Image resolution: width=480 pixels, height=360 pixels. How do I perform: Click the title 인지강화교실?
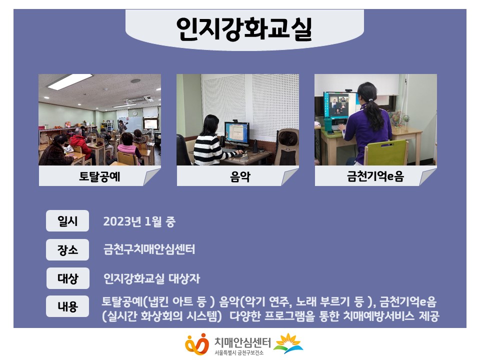coord(244,28)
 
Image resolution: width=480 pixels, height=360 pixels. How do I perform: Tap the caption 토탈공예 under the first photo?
coord(99,176)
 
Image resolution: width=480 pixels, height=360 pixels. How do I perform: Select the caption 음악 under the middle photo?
coord(240,176)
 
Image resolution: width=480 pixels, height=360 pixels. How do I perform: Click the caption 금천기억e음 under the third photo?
coord(375,176)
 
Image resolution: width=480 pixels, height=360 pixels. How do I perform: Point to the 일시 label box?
coord(67,220)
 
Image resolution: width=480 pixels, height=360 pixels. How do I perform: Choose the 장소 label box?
coord(67,250)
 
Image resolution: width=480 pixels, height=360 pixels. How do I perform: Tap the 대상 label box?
coord(67,278)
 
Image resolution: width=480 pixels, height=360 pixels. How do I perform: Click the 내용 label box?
coord(67,306)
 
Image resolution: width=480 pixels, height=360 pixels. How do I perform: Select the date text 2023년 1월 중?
coord(139,221)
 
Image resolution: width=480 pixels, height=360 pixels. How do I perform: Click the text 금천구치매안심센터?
coord(149,249)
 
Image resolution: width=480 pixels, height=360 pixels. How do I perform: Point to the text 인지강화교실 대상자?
coord(151,278)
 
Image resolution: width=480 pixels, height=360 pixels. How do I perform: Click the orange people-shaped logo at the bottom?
coord(197,344)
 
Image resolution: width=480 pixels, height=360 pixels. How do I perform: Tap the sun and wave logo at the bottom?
coord(288,343)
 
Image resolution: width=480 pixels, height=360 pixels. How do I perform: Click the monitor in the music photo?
coord(236,134)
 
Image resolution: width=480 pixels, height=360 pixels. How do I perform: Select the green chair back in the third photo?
coord(386,152)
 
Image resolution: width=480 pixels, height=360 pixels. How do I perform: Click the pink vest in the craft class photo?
coord(128,150)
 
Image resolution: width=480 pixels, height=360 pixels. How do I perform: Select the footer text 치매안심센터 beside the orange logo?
coord(242,342)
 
